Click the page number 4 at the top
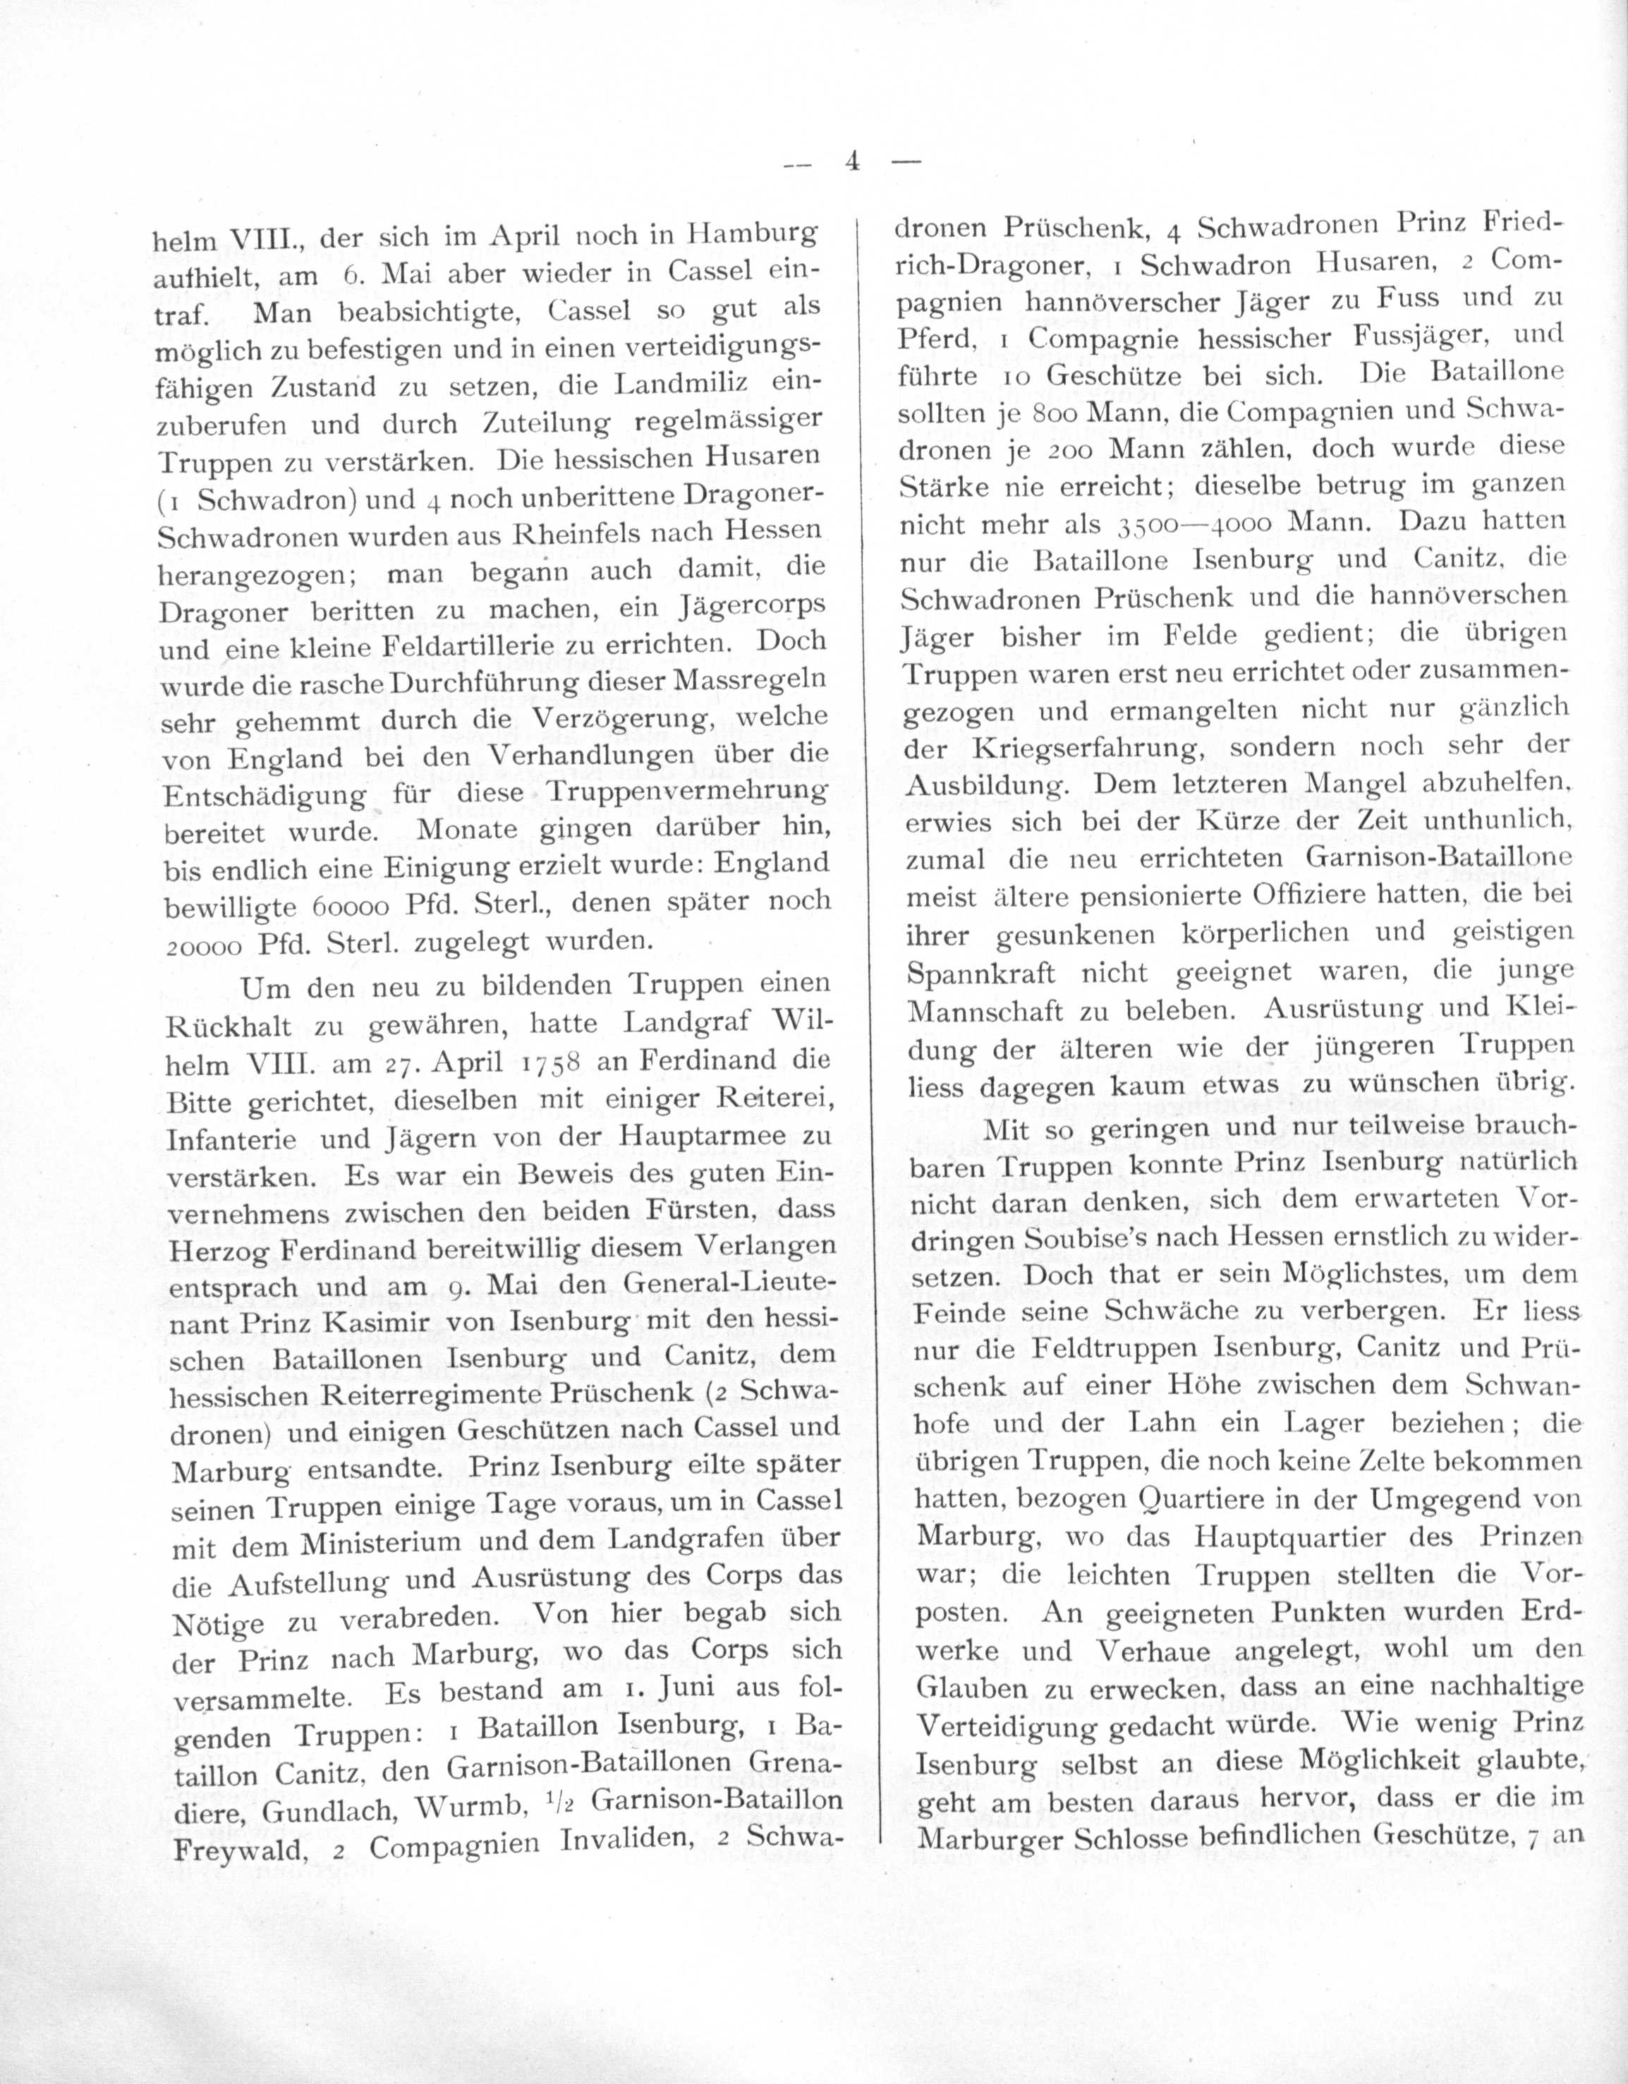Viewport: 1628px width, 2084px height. point(852,162)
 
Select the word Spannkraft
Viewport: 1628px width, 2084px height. point(980,974)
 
